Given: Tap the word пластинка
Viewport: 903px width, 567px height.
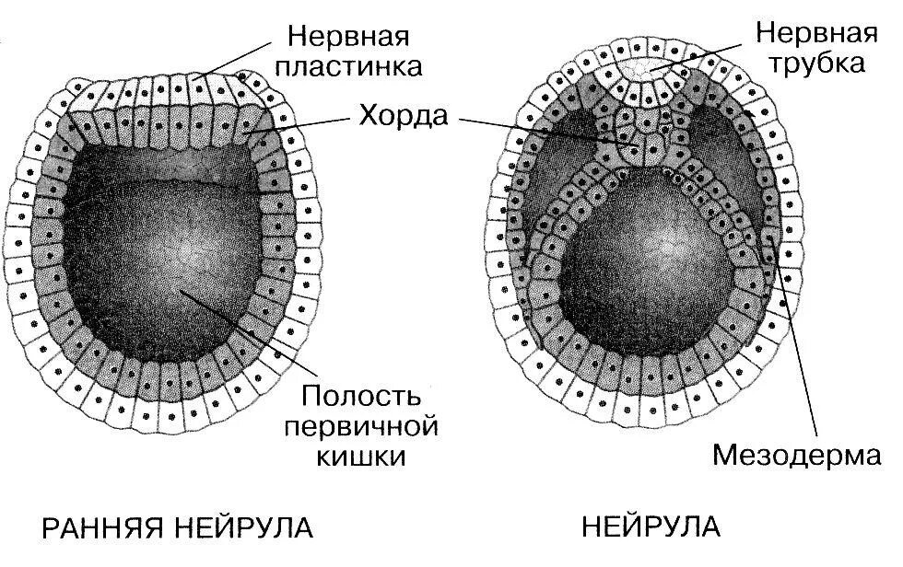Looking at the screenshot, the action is tap(356, 68).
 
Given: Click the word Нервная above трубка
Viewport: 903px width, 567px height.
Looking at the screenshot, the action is tap(815, 33).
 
